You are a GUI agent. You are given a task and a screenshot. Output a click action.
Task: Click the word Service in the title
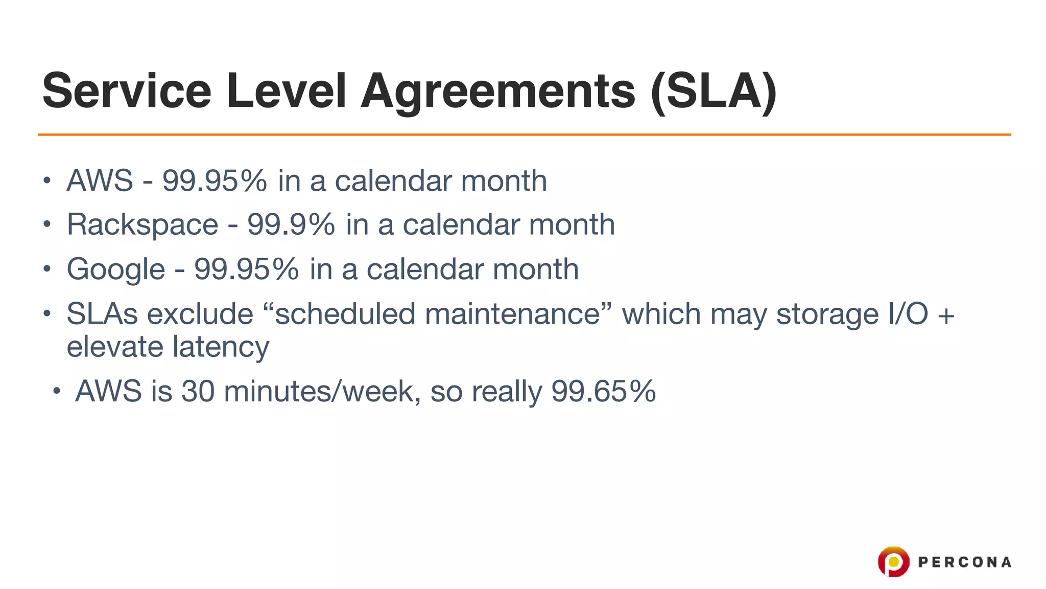[127, 91]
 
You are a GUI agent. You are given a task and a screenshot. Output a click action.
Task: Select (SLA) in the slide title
[714, 91]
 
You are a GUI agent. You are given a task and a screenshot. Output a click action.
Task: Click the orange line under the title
[524, 134]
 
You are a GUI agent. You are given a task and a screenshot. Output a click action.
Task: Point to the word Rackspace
[142, 224]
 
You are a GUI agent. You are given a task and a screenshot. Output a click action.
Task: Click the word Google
[116, 269]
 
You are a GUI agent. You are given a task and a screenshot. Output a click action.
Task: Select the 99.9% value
[291, 224]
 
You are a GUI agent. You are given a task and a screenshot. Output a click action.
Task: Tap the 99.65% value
[603, 392]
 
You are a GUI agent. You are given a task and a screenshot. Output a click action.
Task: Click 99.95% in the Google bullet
[246, 269]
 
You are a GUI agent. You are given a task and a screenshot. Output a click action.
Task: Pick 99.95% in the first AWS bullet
[215, 180]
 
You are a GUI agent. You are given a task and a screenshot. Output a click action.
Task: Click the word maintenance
[512, 314]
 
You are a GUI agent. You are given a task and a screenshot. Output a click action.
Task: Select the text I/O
[908, 314]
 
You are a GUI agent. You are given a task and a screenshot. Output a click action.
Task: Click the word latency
[221, 348]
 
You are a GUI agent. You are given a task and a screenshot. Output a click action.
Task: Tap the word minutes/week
[322, 392]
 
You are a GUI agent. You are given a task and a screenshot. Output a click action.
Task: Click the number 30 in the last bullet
[198, 392]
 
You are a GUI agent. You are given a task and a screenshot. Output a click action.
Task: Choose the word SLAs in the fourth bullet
[102, 314]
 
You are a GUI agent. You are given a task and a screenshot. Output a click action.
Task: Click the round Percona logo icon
[893, 561]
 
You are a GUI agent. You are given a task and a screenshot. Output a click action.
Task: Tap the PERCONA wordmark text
[964, 562]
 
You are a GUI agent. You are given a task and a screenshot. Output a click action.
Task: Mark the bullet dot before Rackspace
[47, 224]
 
